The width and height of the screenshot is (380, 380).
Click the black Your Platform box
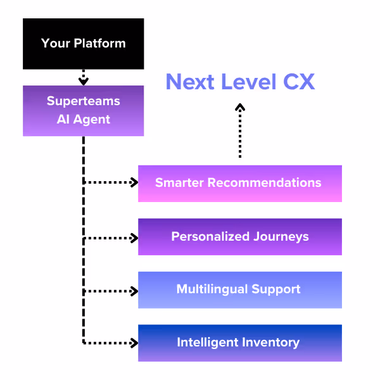click(83, 44)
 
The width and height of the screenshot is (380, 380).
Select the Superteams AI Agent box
click(83, 110)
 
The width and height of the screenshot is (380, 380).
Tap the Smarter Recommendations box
click(239, 183)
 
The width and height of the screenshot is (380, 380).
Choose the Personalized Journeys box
click(239, 237)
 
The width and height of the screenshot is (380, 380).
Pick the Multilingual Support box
click(239, 289)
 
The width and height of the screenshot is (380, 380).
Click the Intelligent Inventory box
click(239, 343)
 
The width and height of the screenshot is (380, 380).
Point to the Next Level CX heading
click(239, 82)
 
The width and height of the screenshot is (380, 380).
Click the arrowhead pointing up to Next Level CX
click(239, 108)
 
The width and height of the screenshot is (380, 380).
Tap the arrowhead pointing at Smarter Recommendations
click(134, 182)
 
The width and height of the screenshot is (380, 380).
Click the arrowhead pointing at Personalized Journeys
click(134, 238)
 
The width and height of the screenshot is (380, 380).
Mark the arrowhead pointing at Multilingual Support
click(134, 291)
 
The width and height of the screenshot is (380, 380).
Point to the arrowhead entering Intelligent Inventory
click(134, 343)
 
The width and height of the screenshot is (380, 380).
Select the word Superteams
click(83, 101)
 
